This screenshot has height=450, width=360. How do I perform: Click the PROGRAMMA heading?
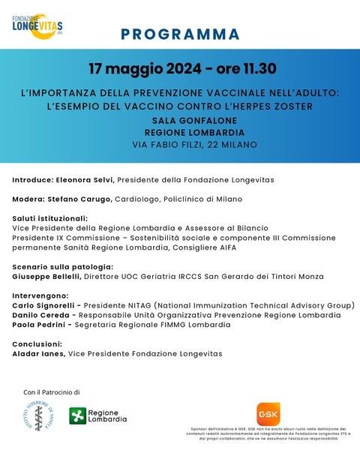click(180, 34)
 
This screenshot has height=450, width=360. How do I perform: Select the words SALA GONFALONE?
click(194, 120)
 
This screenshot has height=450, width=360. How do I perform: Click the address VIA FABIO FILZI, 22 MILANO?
click(194, 144)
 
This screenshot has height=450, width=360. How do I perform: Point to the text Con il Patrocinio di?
click(51, 392)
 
